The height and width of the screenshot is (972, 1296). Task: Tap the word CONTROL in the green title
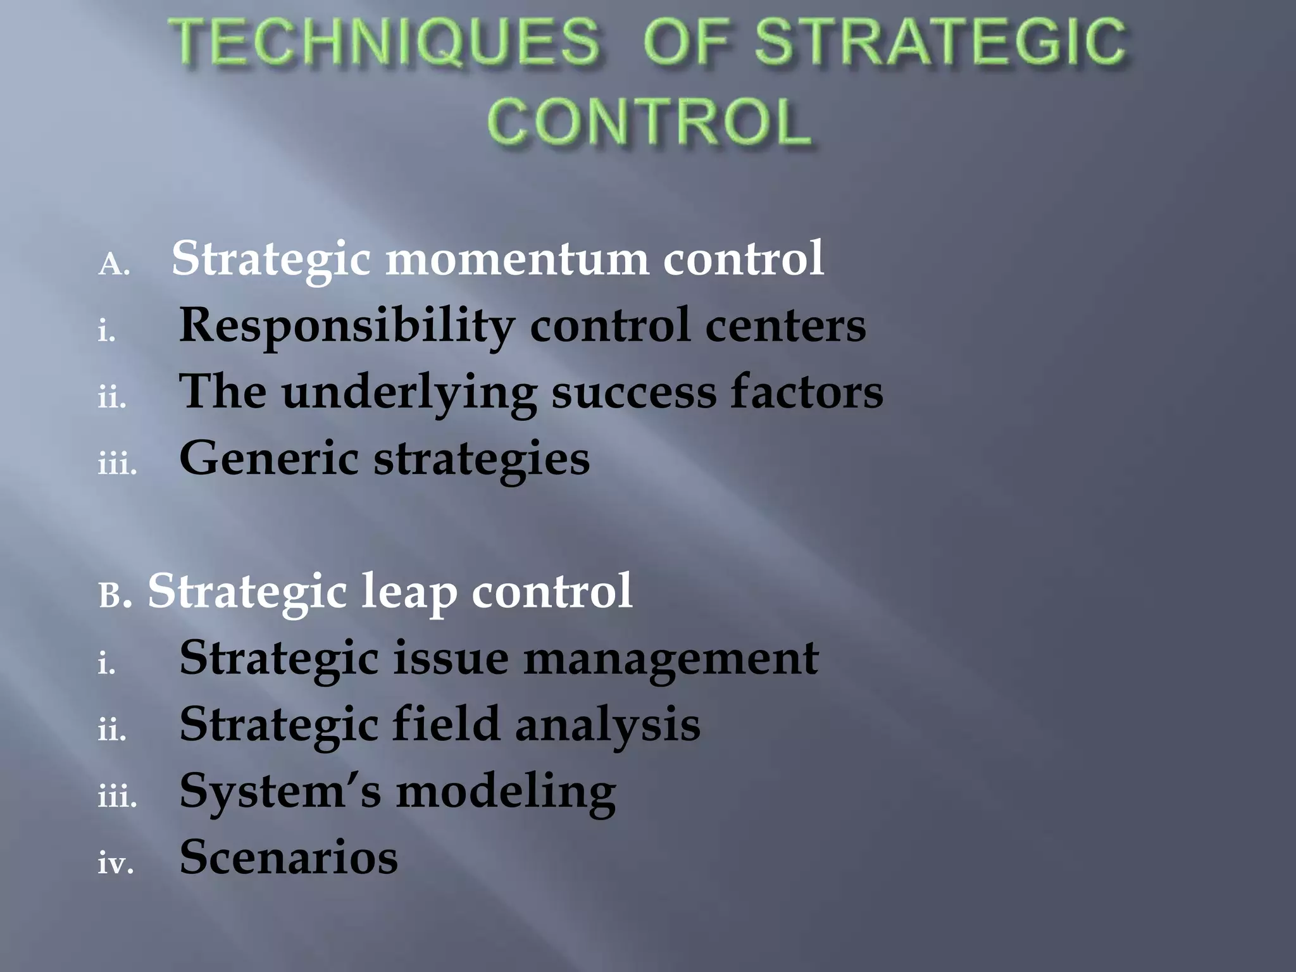pos(650,121)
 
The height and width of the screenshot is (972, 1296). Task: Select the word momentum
pos(517,259)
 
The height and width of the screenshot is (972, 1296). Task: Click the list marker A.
pos(114,265)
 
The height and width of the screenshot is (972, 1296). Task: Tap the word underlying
pos(409,392)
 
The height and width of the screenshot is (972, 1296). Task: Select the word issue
pos(451,658)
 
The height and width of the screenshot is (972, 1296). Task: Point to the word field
pos(446,724)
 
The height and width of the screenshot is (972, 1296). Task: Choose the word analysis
pos(607,725)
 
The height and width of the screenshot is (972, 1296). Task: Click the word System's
pos(280,792)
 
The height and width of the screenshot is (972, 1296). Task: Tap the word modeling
pos(506,792)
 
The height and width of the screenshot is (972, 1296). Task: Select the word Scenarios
pos(289,857)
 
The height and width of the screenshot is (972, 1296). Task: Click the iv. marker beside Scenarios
pos(115,863)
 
